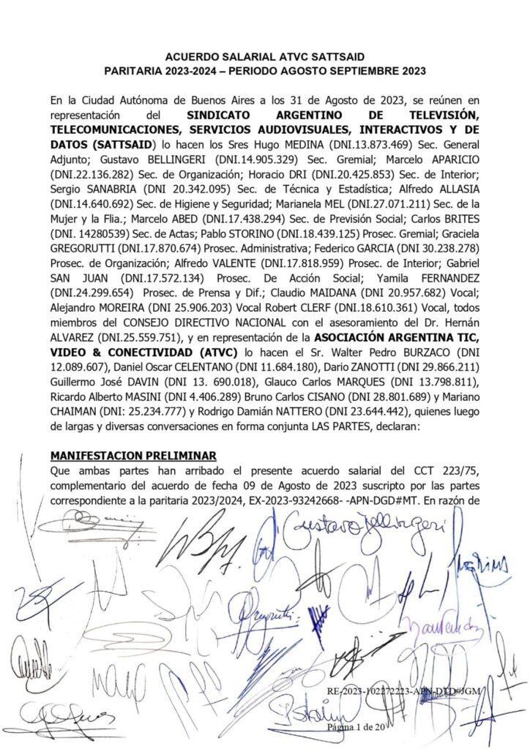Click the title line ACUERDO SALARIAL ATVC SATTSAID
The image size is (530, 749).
tap(265, 56)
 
